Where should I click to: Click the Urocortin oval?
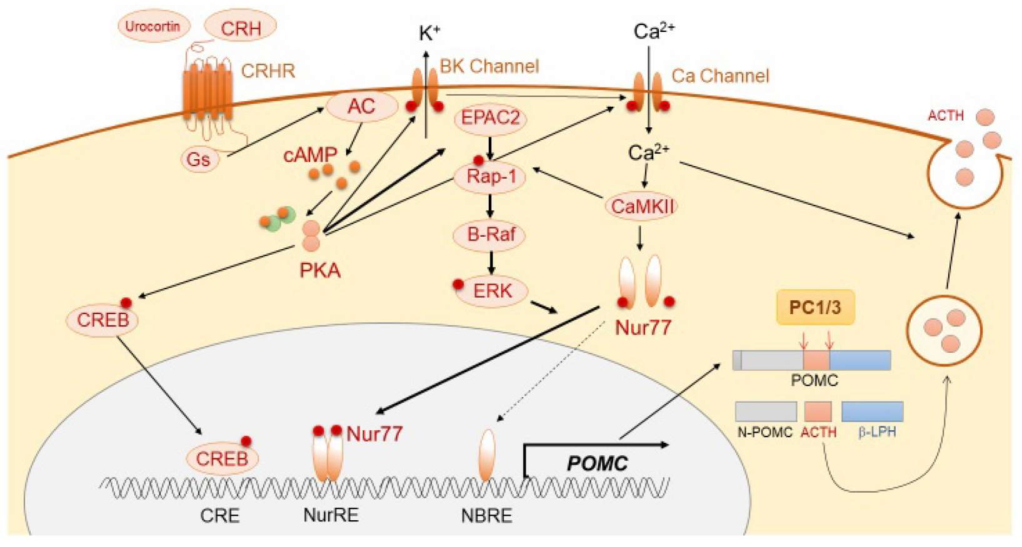click(153, 27)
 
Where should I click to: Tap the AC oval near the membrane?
click(361, 107)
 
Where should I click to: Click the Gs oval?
click(198, 159)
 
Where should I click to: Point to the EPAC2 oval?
click(490, 118)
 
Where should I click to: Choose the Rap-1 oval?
click(492, 177)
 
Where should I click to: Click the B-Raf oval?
click(491, 235)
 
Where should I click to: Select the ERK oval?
click(492, 291)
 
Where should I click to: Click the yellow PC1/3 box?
click(814, 307)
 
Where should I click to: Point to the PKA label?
click(320, 270)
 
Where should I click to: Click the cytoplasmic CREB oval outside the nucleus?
click(103, 320)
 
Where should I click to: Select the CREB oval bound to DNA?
click(222, 459)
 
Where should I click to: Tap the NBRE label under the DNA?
click(486, 516)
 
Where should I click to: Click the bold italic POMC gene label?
click(597, 464)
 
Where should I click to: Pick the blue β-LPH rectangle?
click(872, 411)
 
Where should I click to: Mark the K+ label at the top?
click(429, 33)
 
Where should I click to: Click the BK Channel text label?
click(489, 66)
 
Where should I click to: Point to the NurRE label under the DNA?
click(331, 516)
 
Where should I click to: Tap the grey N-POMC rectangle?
click(765, 411)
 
